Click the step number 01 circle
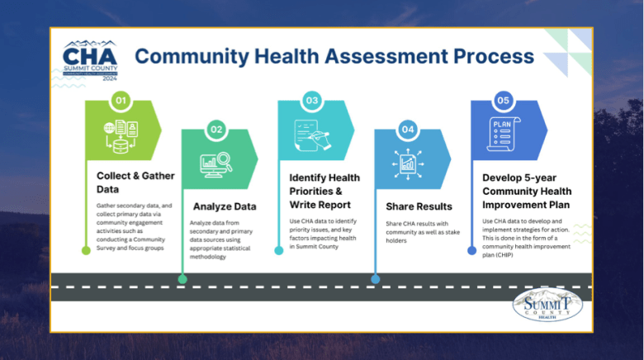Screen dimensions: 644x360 tap(121, 101)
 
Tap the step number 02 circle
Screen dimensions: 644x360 tap(216, 130)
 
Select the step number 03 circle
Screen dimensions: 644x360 tap(312, 101)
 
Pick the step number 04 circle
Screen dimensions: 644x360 tap(408, 130)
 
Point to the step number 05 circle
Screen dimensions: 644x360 tap(503, 101)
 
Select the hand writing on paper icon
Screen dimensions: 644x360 tap(313, 135)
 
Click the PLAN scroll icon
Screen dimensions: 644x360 tap(504, 134)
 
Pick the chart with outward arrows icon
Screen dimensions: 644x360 tap(408, 164)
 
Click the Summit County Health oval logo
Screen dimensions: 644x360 tap(547, 305)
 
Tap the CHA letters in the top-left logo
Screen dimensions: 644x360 tap(90, 56)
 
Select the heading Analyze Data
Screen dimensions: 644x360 tap(225, 206)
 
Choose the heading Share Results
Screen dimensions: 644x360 tap(419, 206)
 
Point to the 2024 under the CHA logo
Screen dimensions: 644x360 tap(110, 78)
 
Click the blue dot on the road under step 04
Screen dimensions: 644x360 tap(376, 279)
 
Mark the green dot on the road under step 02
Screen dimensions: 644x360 tap(182, 279)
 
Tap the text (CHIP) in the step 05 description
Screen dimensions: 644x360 tap(504, 255)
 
